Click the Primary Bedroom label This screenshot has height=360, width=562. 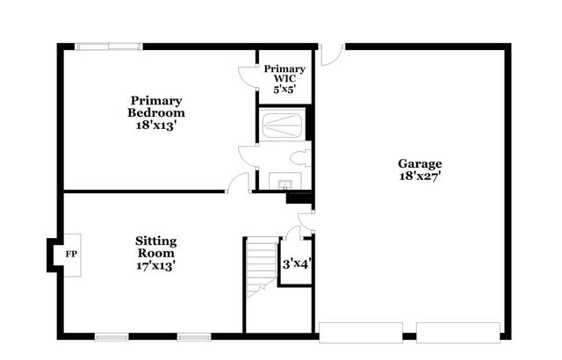[x=156, y=106]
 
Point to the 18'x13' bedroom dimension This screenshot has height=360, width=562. [x=156, y=125]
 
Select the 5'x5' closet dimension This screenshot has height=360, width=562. [x=285, y=89]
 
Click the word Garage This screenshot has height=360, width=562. [x=420, y=163]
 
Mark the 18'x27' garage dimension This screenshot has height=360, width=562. [x=420, y=176]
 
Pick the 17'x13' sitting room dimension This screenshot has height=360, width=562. [x=156, y=265]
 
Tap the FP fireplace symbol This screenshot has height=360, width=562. [x=69, y=255]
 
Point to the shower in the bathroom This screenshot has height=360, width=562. [x=284, y=125]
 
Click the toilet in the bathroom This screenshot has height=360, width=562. [x=301, y=157]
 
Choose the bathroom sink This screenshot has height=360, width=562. [x=285, y=184]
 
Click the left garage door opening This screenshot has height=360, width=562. [x=361, y=332]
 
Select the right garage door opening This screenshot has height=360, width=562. [x=458, y=332]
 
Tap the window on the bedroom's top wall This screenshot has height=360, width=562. [x=106, y=47]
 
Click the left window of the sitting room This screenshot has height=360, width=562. [x=112, y=336]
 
